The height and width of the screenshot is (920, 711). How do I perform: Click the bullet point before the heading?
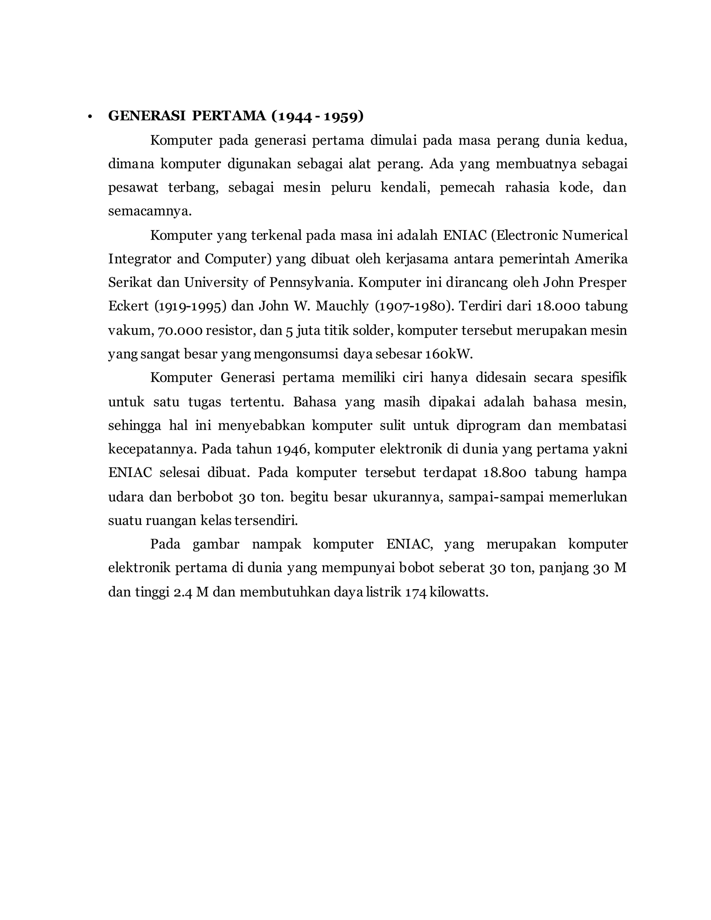click(89, 117)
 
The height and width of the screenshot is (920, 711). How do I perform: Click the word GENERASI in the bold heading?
click(147, 116)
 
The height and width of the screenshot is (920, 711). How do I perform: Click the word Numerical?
click(595, 235)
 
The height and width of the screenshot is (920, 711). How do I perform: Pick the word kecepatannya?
click(152, 449)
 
